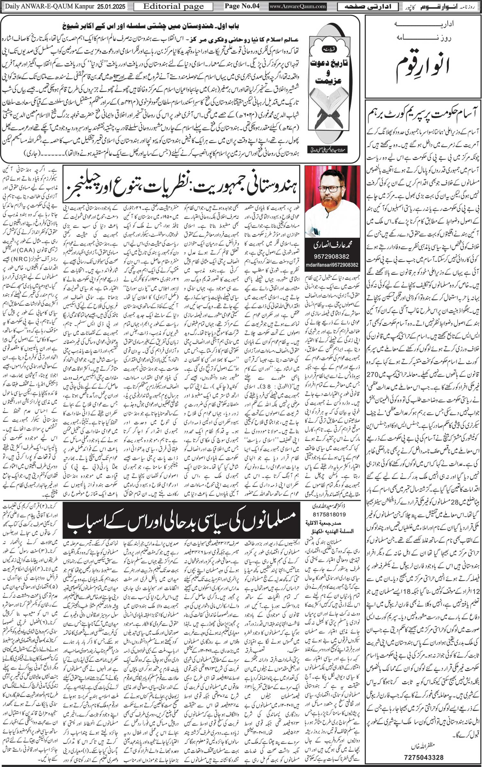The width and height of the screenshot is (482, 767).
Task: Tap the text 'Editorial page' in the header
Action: pos(174,6)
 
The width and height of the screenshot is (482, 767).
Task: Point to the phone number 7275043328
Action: pos(423,755)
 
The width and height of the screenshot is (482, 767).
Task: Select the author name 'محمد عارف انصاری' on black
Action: pos(332,246)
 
